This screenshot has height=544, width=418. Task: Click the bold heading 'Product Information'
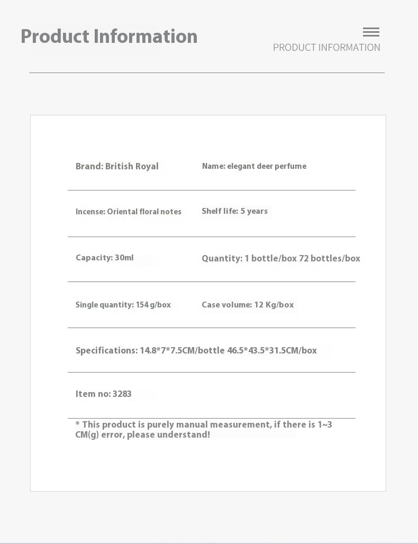click(109, 37)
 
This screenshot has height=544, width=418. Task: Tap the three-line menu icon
click(371, 32)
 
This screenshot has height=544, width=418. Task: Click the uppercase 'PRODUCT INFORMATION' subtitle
click(326, 48)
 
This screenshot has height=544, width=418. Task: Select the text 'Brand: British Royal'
click(117, 166)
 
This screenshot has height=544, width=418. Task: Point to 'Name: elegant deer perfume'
click(254, 166)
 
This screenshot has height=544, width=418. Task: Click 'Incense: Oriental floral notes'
click(129, 212)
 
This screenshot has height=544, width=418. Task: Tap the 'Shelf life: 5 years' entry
click(234, 211)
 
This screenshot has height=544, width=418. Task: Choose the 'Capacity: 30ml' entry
click(105, 258)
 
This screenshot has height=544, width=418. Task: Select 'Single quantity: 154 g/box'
click(123, 305)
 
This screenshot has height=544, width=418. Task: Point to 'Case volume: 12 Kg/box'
click(248, 305)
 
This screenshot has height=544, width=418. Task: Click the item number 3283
click(122, 394)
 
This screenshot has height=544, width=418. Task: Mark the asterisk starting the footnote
click(77, 424)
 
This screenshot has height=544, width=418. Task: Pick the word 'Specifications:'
click(106, 350)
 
